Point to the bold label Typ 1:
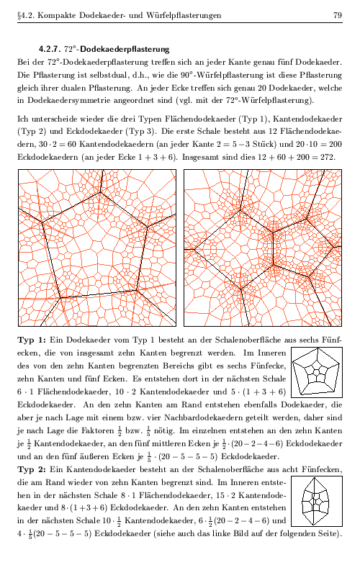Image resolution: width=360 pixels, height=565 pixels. pyautogui.click(x=30, y=340)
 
